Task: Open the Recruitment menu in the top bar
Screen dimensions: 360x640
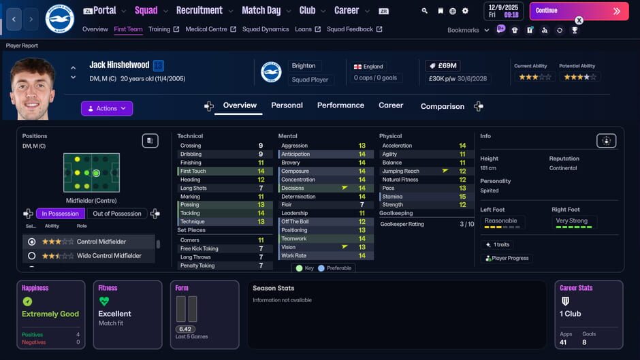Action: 199,10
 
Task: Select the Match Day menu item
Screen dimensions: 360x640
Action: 261,10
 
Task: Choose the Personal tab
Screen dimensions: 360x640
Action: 287,105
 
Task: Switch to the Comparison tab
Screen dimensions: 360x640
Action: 442,106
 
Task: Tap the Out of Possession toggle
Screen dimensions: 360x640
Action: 117,214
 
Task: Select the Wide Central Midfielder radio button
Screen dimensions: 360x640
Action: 31,256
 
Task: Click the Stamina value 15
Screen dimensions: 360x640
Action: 462,197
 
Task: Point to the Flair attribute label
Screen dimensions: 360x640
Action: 287,205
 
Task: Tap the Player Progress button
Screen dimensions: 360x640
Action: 507,259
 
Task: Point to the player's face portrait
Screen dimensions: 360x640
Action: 33,89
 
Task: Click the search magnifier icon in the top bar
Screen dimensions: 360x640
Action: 425,11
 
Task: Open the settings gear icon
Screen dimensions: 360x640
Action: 465,11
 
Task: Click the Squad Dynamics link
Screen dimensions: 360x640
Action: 266,29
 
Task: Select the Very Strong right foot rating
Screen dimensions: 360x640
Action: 571,221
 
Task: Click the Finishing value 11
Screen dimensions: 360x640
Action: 261,163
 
